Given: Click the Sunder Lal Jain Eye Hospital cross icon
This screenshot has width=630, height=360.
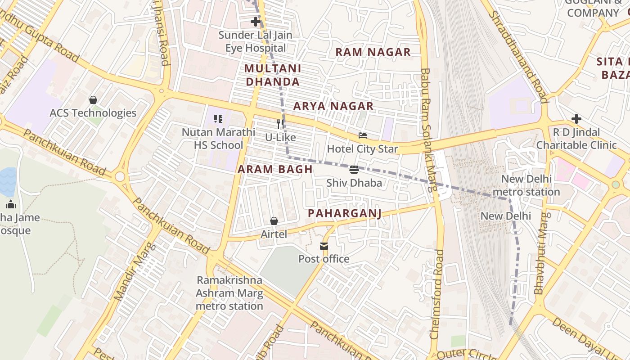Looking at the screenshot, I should pos(256,21).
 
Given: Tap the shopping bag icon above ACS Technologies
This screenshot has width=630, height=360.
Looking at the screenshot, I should pos(93,99).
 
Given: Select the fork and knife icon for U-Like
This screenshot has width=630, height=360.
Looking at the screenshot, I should pos(280,124).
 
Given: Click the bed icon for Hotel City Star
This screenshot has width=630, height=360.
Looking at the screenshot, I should pos(363,135).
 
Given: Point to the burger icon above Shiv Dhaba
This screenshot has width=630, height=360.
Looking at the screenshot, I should pos(354,170).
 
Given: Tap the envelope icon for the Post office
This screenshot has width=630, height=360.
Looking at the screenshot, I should pos(324,246).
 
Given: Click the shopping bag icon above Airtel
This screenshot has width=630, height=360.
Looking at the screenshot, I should pos(274,221).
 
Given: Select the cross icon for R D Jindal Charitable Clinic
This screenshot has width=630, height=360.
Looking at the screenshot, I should pos(576,119).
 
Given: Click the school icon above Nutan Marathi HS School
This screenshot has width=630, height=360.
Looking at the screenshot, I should pos(218,119).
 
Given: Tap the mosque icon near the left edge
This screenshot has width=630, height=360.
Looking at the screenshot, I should pos(11,205).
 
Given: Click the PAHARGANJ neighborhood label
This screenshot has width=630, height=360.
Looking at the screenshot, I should pos(344,213).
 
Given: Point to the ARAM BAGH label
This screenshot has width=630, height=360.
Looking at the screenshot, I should pos(275,169).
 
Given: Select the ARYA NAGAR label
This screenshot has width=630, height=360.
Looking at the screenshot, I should pos(333,106).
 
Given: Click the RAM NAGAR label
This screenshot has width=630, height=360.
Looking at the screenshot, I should pos(373,52).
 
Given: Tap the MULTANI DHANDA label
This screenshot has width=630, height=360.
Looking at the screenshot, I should pos(273,75).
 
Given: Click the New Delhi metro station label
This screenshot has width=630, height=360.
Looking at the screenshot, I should pos(526,185).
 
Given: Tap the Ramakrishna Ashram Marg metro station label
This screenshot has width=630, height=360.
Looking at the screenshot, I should pos(229,293).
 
